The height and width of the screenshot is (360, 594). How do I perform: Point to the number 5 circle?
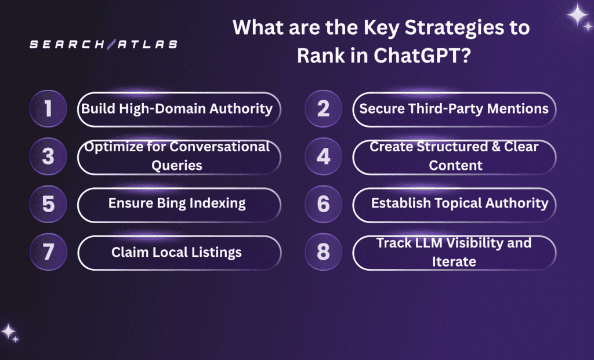click(48, 205)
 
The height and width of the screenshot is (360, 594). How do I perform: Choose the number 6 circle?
click(323, 205)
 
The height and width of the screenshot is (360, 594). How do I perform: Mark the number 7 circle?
click(48, 253)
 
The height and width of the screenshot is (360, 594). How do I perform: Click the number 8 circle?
click(323, 253)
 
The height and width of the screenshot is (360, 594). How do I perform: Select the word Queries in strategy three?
click(177, 165)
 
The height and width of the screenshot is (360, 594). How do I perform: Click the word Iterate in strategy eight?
click(454, 261)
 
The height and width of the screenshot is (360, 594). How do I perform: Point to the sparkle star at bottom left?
click(9, 332)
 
